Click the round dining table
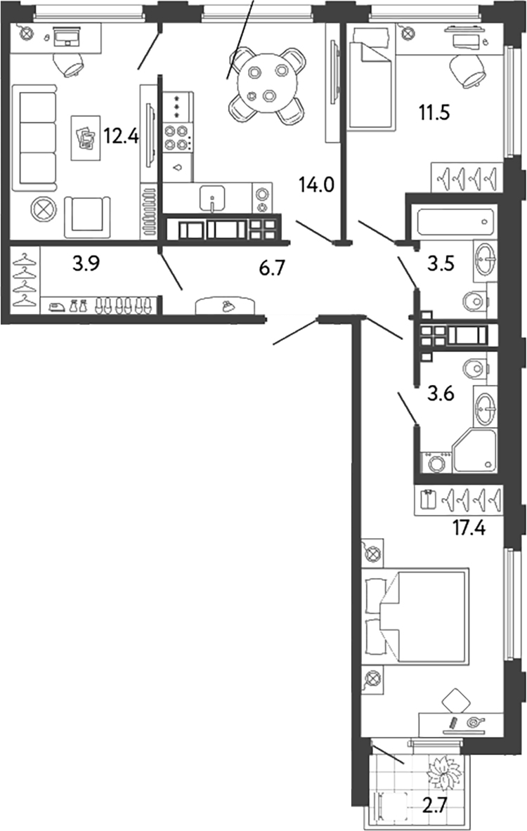(x=267, y=83)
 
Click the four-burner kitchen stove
(x=177, y=137)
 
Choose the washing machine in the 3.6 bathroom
(x=436, y=463)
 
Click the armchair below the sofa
(x=87, y=216)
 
